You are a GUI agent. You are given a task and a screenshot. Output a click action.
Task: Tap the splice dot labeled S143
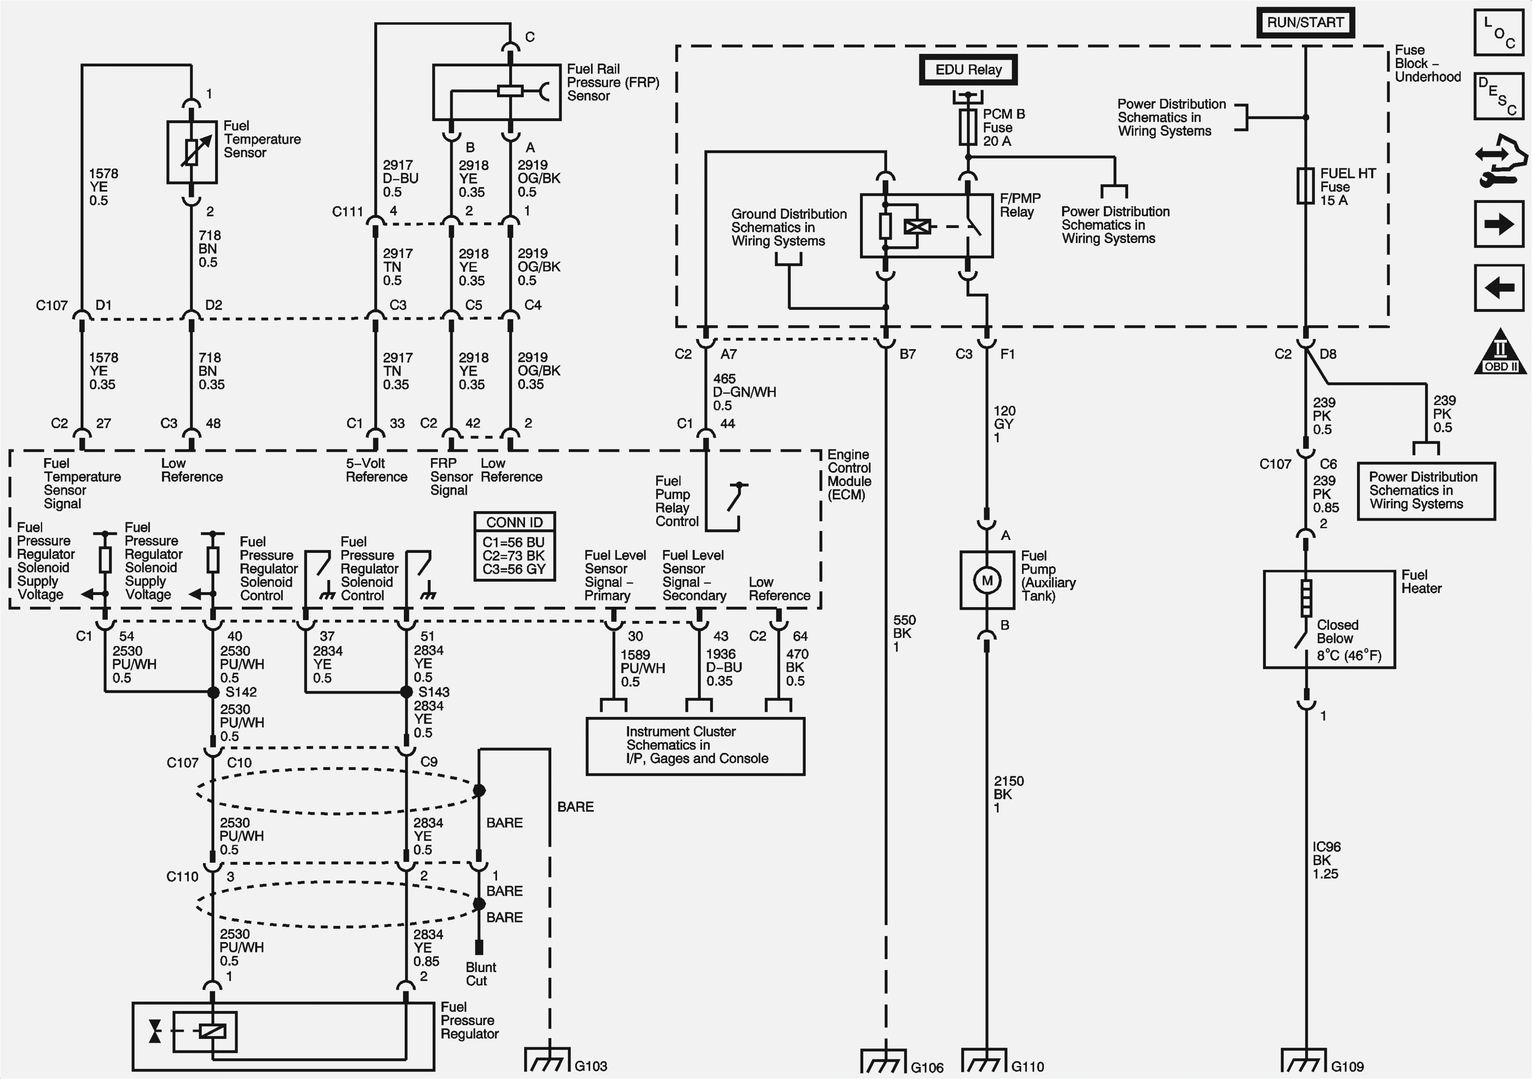pos(406,692)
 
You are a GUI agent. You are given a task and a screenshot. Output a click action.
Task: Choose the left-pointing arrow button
pos(1498,288)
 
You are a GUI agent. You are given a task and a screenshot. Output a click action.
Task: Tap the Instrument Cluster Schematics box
pos(695,745)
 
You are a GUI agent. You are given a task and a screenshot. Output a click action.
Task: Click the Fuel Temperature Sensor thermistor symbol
pos(191,152)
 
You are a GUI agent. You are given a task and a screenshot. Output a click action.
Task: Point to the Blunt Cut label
pos(480,974)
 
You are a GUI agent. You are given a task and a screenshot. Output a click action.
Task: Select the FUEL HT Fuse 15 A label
pos(1347,187)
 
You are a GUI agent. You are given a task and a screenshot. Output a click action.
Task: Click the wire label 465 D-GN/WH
pos(743,392)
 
